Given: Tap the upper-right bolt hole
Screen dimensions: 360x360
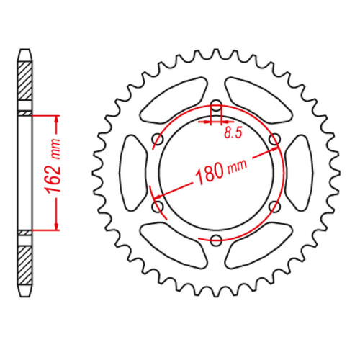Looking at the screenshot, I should click(x=273, y=138).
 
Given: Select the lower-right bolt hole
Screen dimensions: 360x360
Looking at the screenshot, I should click(x=273, y=207).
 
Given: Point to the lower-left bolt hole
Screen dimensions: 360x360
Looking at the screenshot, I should click(x=157, y=207).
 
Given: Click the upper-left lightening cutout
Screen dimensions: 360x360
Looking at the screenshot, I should click(x=171, y=101).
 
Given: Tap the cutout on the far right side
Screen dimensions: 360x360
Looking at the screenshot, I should click(x=299, y=173).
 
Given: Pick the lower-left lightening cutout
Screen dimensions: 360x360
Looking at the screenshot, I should click(x=171, y=245).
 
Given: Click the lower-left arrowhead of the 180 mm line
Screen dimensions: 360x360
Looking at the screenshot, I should click(x=153, y=196).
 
